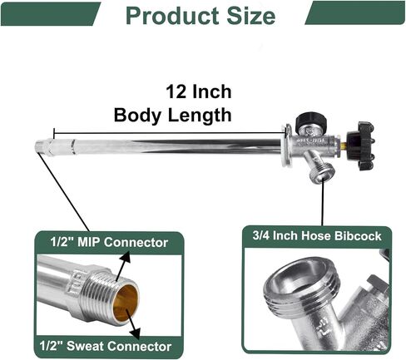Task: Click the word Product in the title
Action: click(x=173, y=16)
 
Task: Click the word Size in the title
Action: click(x=251, y=16)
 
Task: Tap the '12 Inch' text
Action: click(x=199, y=91)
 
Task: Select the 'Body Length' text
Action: click(x=172, y=116)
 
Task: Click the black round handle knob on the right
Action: click(x=361, y=145)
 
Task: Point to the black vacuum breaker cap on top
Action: click(x=310, y=121)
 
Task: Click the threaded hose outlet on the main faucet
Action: click(x=321, y=174)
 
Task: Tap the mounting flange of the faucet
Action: click(x=287, y=145)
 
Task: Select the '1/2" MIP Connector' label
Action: click(x=109, y=242)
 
